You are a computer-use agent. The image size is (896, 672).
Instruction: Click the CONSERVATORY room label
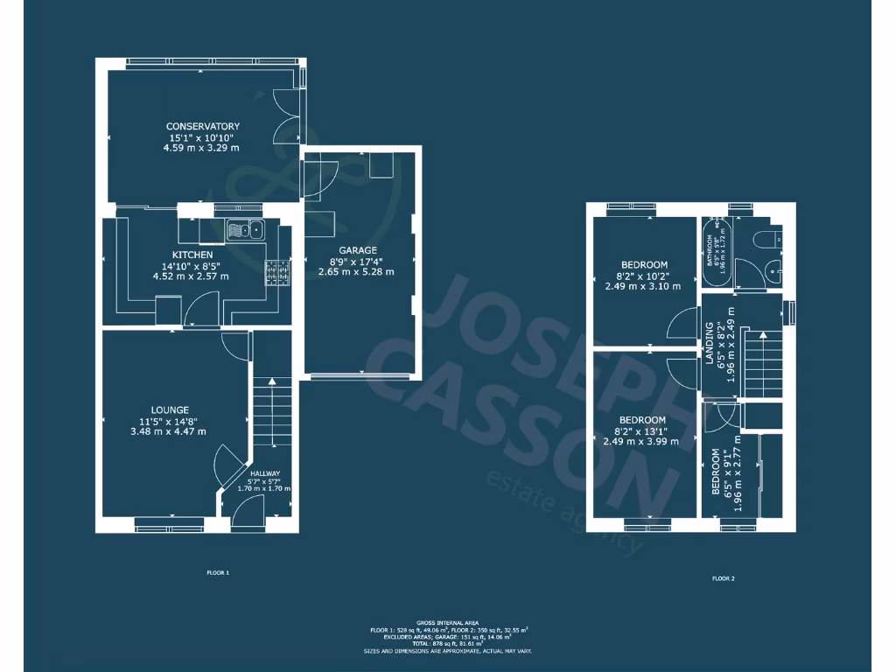click(x=202, y=127)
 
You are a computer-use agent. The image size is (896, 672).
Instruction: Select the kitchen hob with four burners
click(x=277, y=274)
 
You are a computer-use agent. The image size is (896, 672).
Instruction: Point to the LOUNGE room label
click(x=169, y=409)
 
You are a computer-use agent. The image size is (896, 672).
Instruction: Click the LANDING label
click(x=710, y=343)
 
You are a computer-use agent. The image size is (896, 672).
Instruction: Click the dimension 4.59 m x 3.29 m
click(x=201, y=149)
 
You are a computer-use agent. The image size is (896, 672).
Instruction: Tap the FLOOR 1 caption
click(x=217, y=572)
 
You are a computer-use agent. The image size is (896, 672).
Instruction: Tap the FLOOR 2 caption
click(x=723, y=578)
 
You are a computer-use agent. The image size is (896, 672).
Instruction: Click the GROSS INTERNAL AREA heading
click(x=447, y=622)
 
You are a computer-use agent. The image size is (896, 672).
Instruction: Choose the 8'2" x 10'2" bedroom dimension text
click(x=644, y=276)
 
